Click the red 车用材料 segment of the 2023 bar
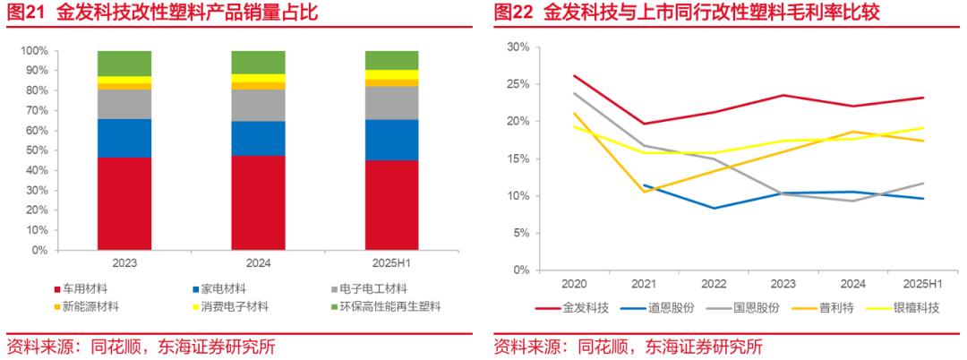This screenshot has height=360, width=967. [x=124, y=203]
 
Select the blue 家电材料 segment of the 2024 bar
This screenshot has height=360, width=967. [x=258, y=139]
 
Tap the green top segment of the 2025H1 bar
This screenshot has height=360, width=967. [x=391, y=60]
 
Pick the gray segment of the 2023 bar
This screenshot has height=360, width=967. [x=124, y=104]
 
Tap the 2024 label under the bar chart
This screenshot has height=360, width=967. [x=258, y=264]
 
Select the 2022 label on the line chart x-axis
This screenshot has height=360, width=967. [x=714, y=284]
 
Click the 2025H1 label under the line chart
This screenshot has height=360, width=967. [x=923, y=284]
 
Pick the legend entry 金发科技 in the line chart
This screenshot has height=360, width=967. [x=585, y=308]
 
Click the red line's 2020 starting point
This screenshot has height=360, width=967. [x=574, y=76]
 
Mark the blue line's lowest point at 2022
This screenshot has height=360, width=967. [x=714, y=208]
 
